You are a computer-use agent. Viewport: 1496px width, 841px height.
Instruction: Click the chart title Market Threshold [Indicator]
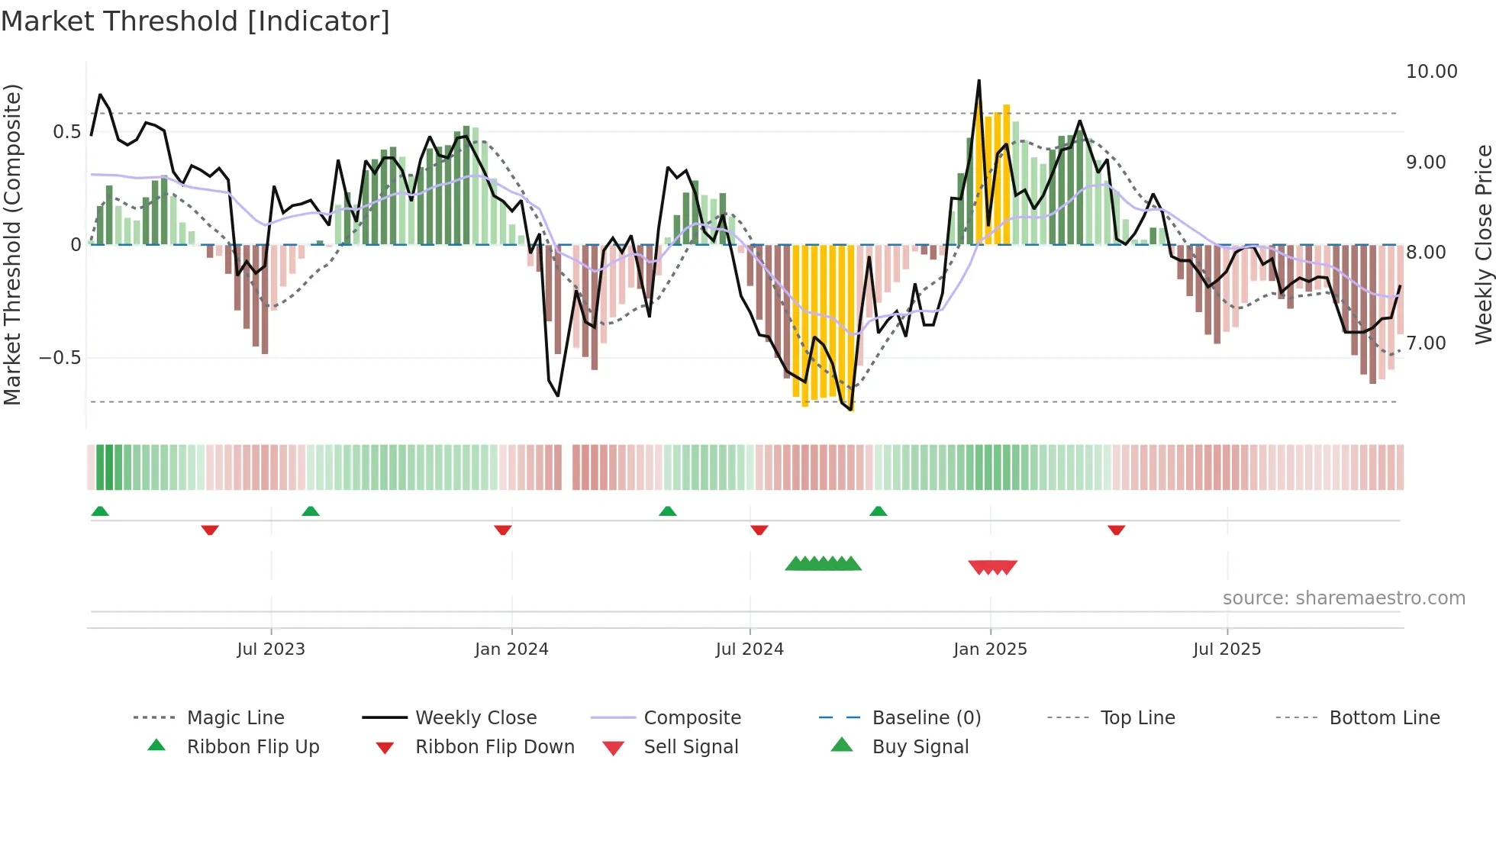(x=195, y=21)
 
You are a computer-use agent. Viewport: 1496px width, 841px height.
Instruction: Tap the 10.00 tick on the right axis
(x=1431, y=72)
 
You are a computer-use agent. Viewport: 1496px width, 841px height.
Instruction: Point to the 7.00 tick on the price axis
(x=1426, y=343)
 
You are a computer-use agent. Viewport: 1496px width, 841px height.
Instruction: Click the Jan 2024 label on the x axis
(x=511, y=649)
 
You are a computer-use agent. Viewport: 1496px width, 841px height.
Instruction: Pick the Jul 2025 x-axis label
(x=1227, y=649)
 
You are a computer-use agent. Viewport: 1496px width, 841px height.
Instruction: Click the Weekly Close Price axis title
(x=1483, y=244)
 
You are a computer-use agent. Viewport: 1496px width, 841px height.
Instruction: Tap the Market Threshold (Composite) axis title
(x=12, y=244)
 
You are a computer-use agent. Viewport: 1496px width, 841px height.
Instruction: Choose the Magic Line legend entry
(x=235, y=718)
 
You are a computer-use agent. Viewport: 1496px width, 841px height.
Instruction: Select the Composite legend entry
(x=692, y=718)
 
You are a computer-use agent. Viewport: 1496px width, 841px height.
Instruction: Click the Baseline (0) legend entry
(x=926, y=718)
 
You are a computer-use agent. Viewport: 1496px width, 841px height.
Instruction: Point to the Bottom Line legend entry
(x=1384, y=718)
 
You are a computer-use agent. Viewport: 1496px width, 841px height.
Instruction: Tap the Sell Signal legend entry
(x=691, y=747)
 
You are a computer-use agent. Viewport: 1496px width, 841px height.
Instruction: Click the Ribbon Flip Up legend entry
(x=253, y=747)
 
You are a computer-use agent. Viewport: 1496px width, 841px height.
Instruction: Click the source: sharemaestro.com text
(x=1343, y=598)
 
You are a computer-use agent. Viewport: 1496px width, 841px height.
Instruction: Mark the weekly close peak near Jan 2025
(x=979, y=81)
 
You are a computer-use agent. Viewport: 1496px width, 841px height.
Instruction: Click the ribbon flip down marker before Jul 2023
(x=210, y=530)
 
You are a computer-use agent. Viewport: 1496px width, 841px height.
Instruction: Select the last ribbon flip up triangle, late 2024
(x=878, y=511)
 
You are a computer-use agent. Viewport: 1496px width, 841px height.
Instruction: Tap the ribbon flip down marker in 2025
(x=1116, y=530)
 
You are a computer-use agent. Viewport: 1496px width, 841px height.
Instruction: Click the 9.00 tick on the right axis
(x=1426, y=163)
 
